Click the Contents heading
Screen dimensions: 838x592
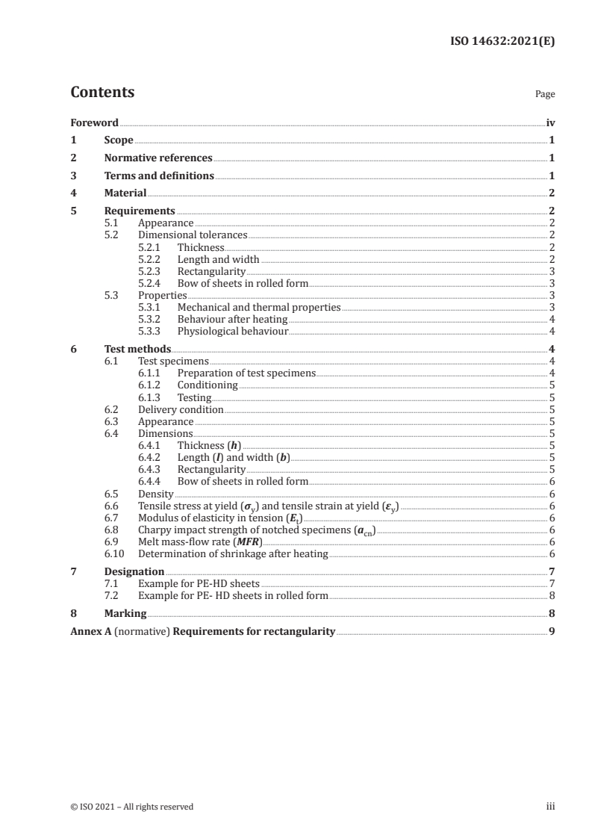(102, 93)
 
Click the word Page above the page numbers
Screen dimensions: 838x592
(545, 95)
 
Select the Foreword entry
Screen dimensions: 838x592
(94, 122)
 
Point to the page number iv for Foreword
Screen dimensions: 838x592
(550, 122)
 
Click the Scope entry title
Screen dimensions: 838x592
(119, 140)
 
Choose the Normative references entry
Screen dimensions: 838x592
(158, 158)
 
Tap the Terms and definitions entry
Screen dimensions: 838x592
(159, 176)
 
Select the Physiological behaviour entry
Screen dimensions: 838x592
(232, 331)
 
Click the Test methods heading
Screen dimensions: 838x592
(137, 349)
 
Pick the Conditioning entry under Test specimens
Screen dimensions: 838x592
(208, 385)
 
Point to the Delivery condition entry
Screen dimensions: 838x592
(181, 409)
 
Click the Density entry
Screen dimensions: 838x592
(156, 494)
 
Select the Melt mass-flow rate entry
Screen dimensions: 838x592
(200, 541)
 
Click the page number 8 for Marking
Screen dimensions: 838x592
(551, 614)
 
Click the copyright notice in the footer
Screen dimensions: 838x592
(132, 807)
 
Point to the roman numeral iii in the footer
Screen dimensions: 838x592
(551, 807)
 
